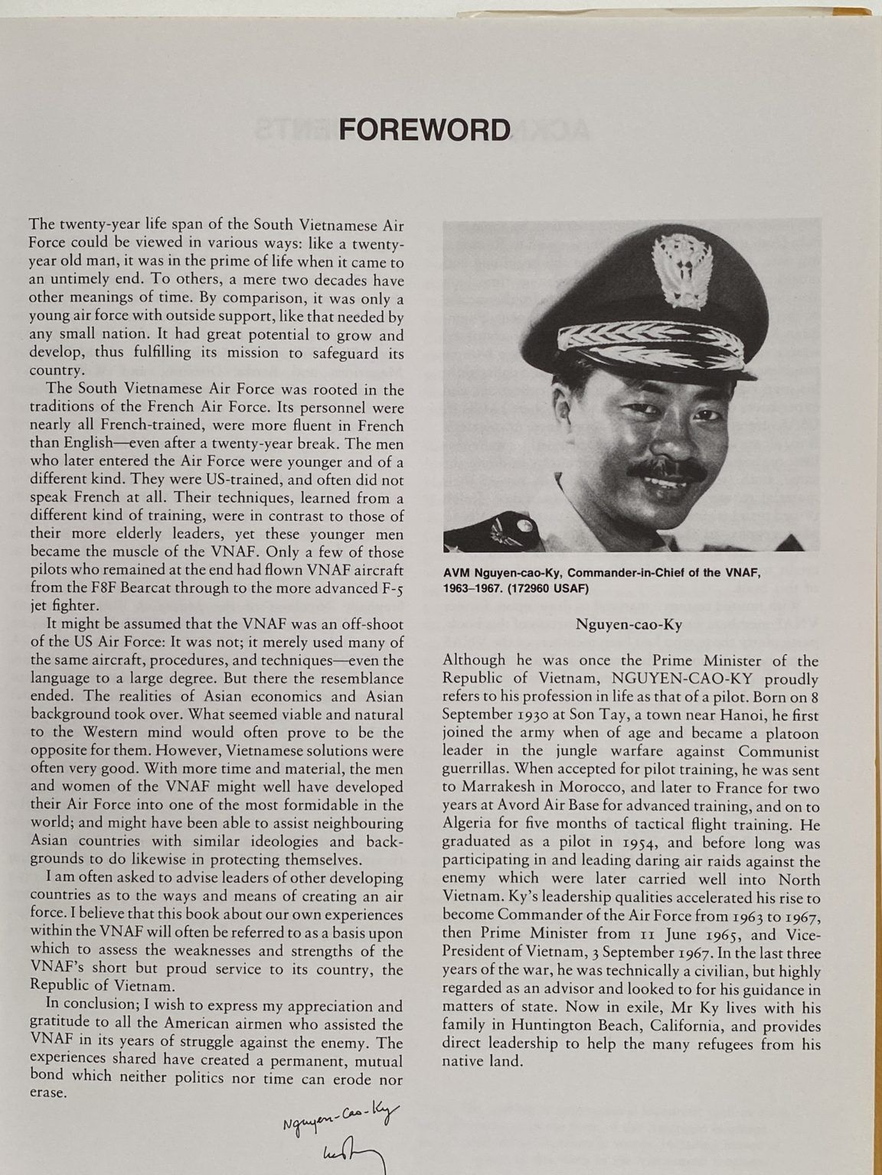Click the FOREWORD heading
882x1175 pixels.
(x=424, y=129)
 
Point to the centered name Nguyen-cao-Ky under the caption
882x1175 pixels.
(x=629, y=623)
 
